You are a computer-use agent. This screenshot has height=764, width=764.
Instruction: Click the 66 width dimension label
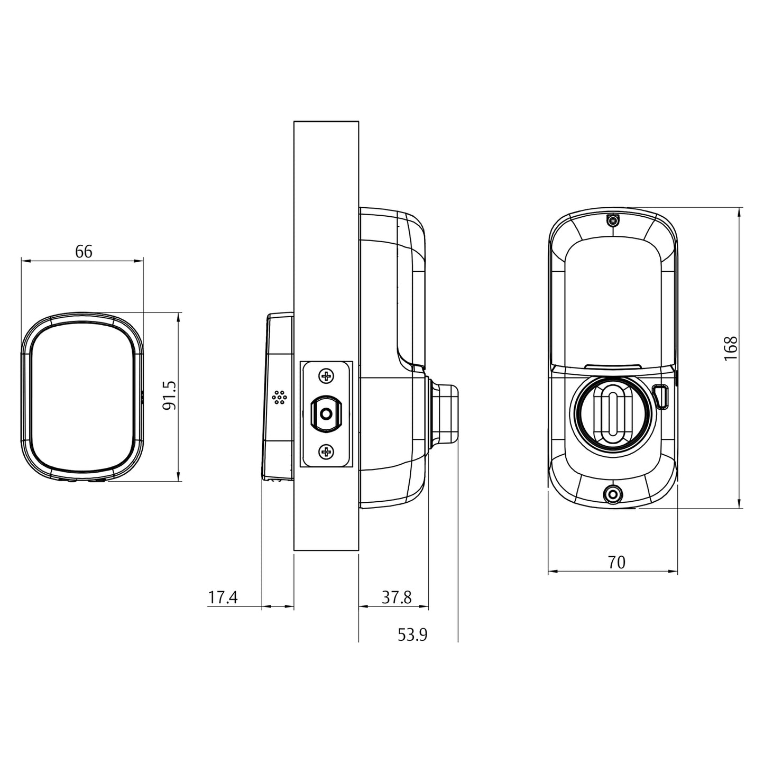tap(84, 252)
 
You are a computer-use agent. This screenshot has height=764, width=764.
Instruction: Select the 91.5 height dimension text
tap(169, 396)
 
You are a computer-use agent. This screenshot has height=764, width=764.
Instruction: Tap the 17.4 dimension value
tap(223, 597)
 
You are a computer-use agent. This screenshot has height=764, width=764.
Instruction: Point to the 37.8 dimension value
tap(397, 597)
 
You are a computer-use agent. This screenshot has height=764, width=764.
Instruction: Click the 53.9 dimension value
tap(412, 634)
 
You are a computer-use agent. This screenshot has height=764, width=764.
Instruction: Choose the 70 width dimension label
tap(616, 563)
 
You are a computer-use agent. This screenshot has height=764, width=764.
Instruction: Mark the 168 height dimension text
tap(730, 348)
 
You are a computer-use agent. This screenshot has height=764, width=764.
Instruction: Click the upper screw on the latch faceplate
tap(327, 376)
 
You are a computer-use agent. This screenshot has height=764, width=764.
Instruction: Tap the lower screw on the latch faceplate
tap(327, 452)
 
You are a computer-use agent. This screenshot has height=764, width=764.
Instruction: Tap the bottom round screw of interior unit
tap(613, 494)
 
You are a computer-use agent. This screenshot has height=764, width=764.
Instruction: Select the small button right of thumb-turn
tap(661, 397)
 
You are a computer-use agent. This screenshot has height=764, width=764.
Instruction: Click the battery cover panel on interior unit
tap(612, 301)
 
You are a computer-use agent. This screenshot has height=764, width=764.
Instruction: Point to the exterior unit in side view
tap(278, 397)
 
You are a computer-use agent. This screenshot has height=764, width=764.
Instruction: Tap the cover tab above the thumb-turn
tap(612, 365)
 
